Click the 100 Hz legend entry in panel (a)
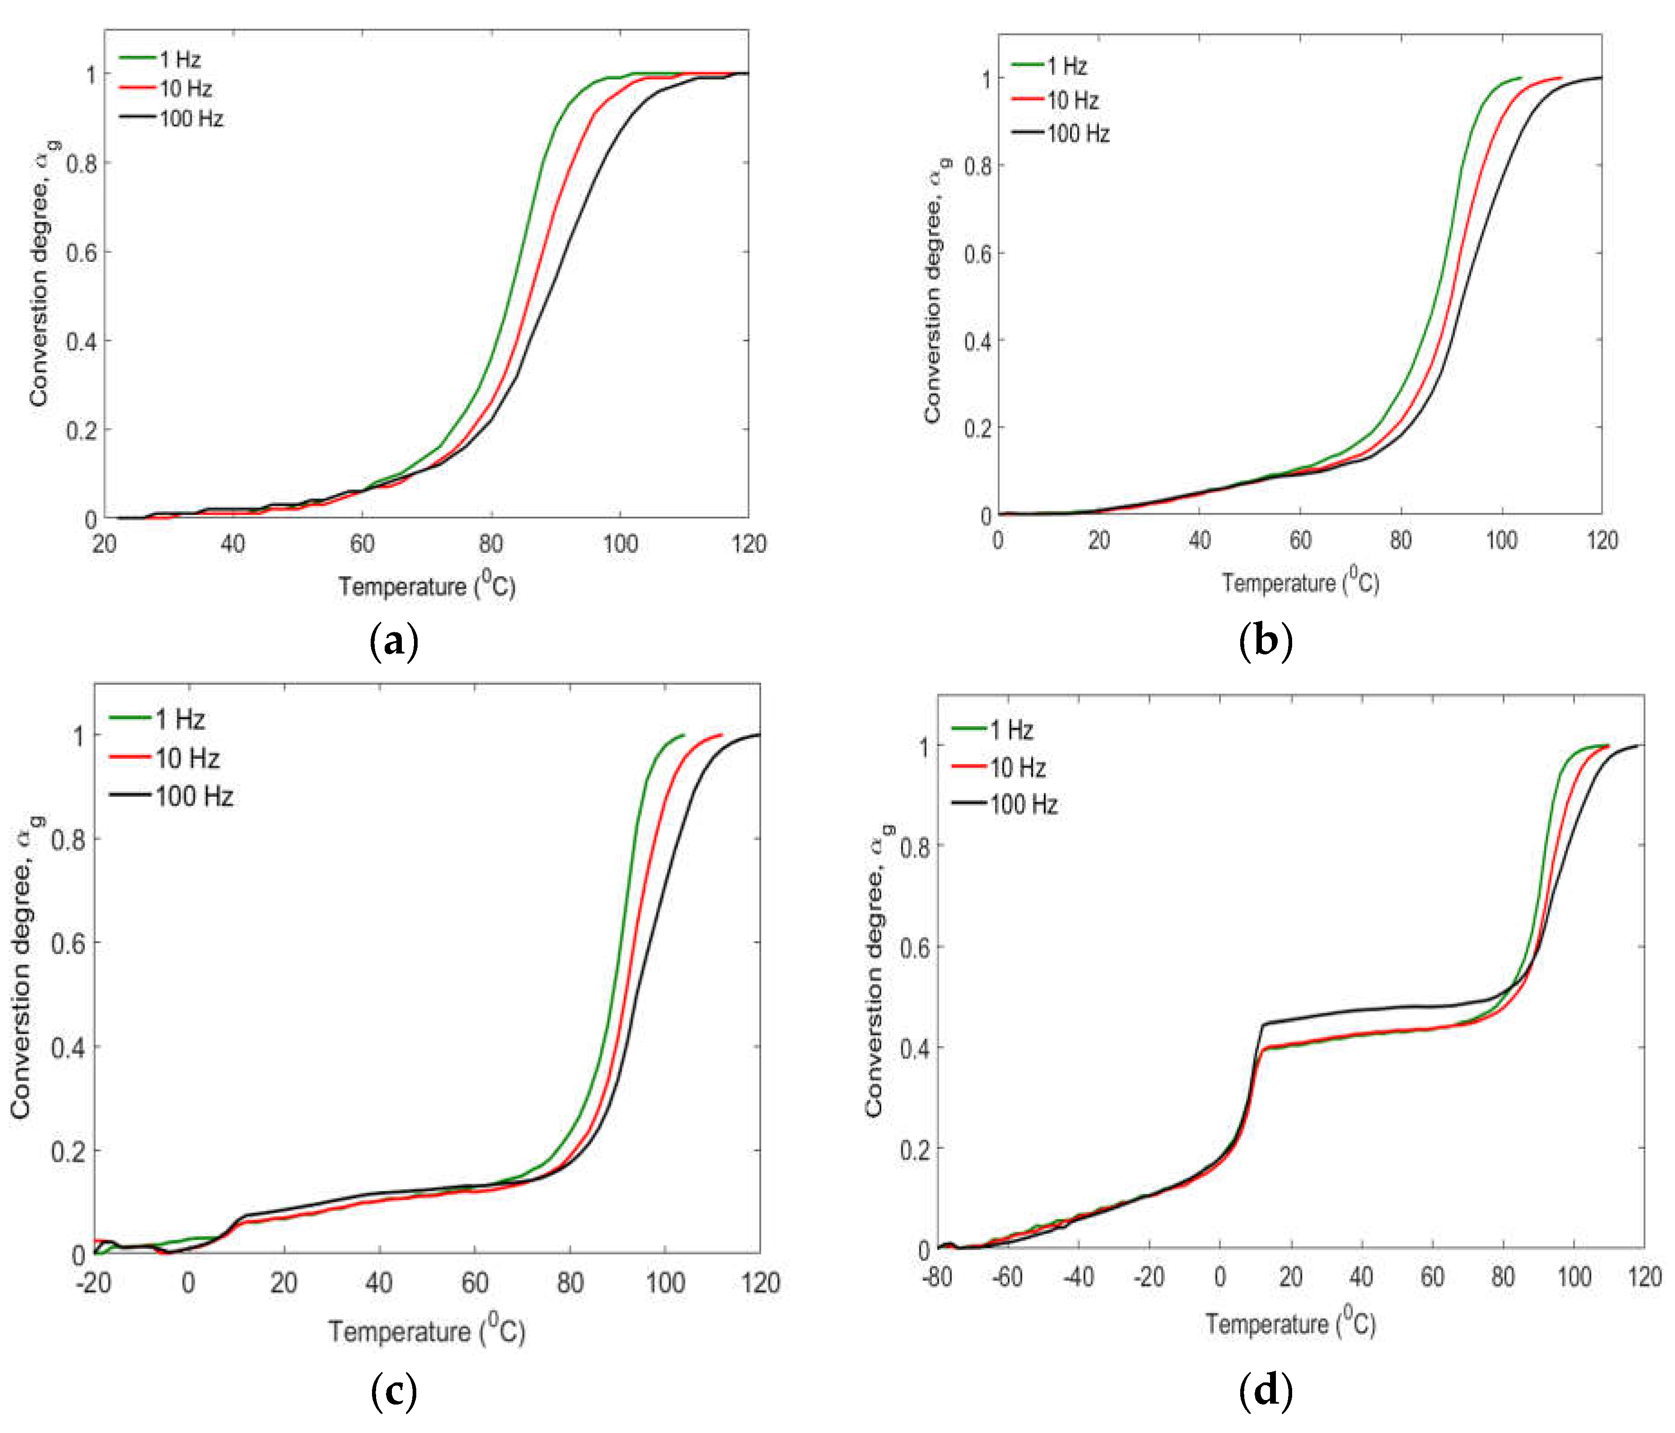[191, 119]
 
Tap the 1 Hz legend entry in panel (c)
[180, 719]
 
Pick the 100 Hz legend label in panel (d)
[1024, 805]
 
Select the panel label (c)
[394, 1391]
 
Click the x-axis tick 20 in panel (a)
[104, 543]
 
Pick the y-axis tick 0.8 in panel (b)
[978, 166]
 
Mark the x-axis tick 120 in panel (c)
[760, 1283]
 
